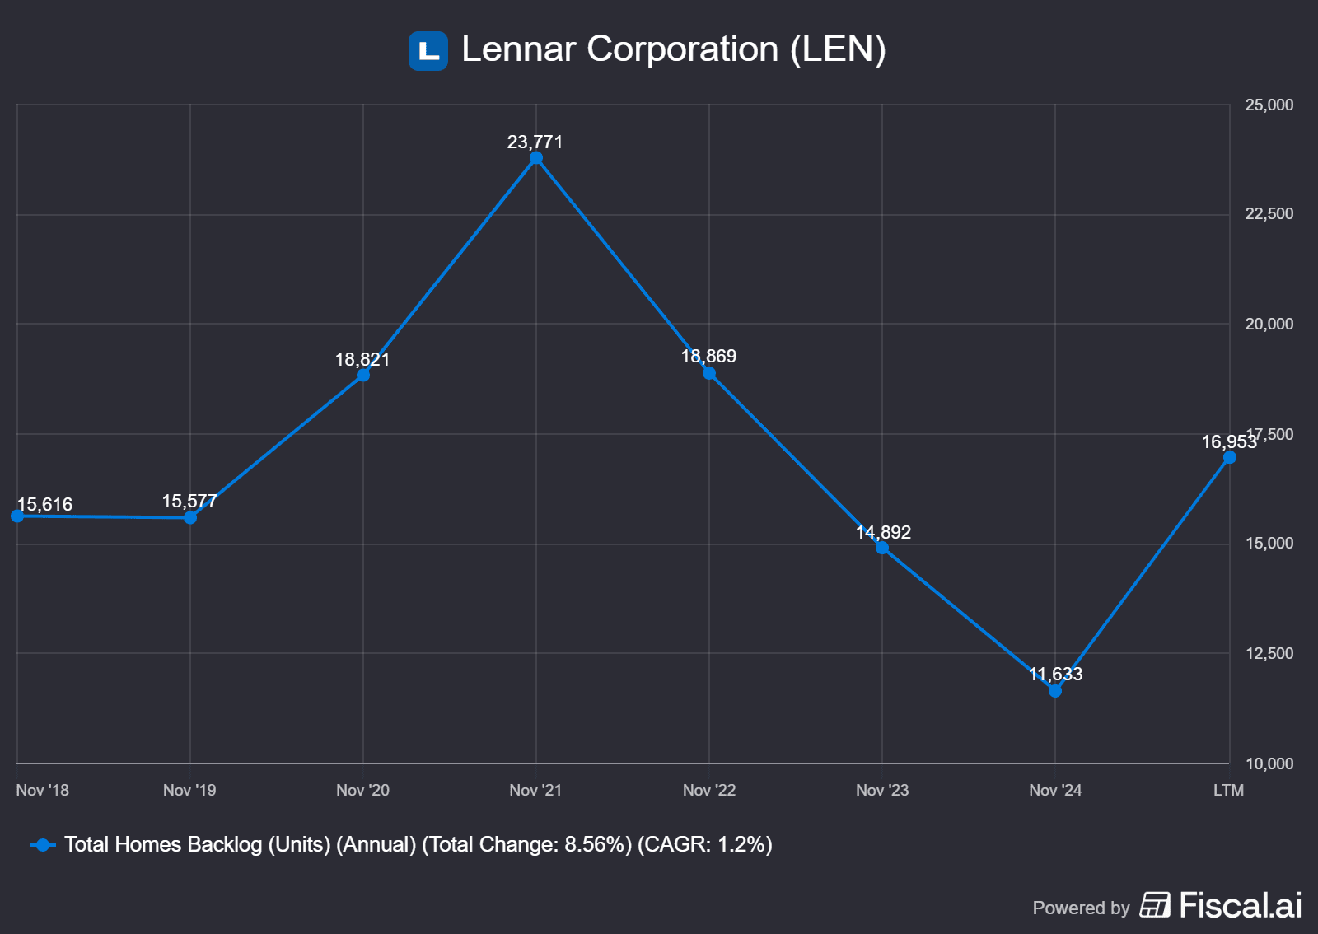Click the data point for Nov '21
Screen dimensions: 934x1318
tap(536, 158)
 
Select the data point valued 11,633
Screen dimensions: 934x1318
tap(1055, 691)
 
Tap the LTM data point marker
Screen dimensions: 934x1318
tap(1229, 457)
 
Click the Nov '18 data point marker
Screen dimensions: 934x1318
tap(17, 516)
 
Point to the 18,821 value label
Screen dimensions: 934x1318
tap(362, 360)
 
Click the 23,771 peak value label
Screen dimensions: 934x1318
tap(535, 142)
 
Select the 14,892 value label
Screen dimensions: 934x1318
tap(883, 533)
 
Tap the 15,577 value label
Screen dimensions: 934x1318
tap(189, 502)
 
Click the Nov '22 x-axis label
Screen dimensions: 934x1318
tap(709, 791)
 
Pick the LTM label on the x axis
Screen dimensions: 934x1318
tap(1228, 791)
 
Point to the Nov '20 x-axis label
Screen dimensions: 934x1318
tap(362, 791)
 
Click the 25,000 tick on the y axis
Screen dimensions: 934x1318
tap(1269, 105)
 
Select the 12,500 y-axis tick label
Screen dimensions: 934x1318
tap(1269, 654)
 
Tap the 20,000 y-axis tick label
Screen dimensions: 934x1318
tap(1269, 325)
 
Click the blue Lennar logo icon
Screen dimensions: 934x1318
tap(428, 51)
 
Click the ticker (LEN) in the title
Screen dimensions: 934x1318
tap(838, 49)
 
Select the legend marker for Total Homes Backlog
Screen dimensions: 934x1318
tap(43, 845)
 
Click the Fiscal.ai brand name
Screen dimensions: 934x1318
tap(1240, 906)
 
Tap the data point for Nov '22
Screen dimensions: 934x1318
tap(709, 373)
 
